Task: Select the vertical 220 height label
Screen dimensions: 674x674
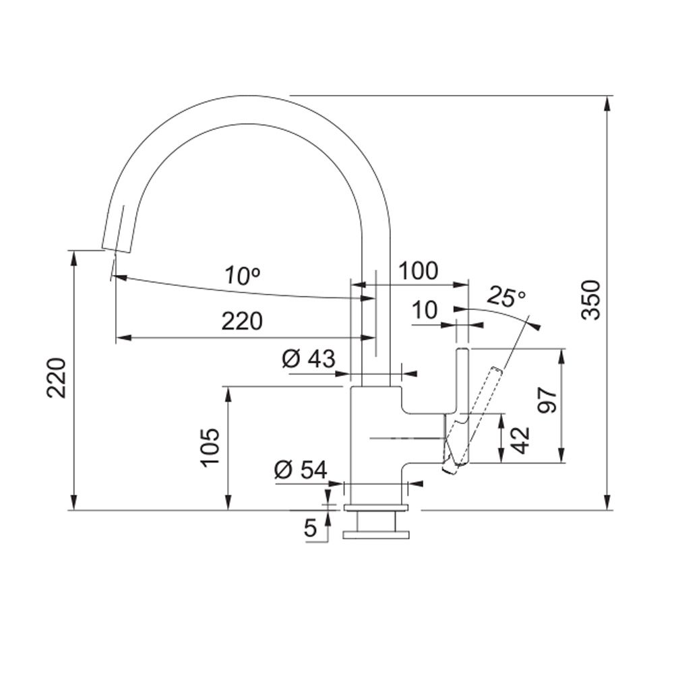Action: tap(57, 378)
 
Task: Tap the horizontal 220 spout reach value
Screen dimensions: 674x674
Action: tap(242, 321)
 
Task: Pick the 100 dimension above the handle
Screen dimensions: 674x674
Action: tap(419, 271)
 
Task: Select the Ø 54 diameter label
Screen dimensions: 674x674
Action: tap(301, 470)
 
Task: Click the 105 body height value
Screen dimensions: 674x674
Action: tap(211, 447)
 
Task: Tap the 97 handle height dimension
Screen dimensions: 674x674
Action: tap(547, 400)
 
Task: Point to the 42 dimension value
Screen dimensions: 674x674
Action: tap(520, 441)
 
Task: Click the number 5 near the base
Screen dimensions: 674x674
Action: tap(310, 528)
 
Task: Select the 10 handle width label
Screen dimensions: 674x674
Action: tap(425, 309)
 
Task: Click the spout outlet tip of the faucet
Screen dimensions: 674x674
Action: tap(116, 250)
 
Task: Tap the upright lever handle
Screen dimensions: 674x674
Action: tap(462, 403)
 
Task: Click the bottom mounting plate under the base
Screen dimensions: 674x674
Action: tap(376, 535)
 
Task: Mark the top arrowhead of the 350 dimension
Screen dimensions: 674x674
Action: tap(607, 103)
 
